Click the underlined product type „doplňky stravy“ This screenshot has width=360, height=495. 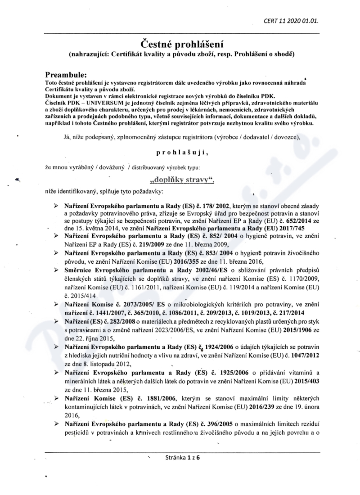click(180, 181)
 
